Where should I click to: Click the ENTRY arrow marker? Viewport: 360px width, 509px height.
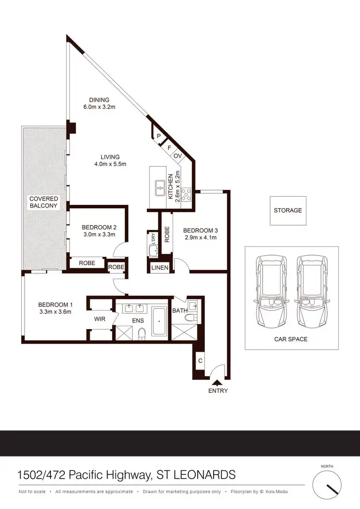[217, 382]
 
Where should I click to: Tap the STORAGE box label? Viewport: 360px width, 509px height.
[288, 211]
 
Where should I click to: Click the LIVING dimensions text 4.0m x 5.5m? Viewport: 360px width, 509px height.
[110, 165]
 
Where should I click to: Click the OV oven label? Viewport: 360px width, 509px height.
[178, 156]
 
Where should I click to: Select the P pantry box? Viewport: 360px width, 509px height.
[158, 136]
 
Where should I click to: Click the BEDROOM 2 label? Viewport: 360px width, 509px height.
[99, 227]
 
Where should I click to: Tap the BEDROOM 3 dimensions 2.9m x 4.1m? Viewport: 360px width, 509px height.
[200, 237]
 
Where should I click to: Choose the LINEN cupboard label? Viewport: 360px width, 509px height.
[160, 268]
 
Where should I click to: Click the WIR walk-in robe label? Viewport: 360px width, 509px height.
[99, 318]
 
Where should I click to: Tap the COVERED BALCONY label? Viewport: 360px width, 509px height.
[44, 202]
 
